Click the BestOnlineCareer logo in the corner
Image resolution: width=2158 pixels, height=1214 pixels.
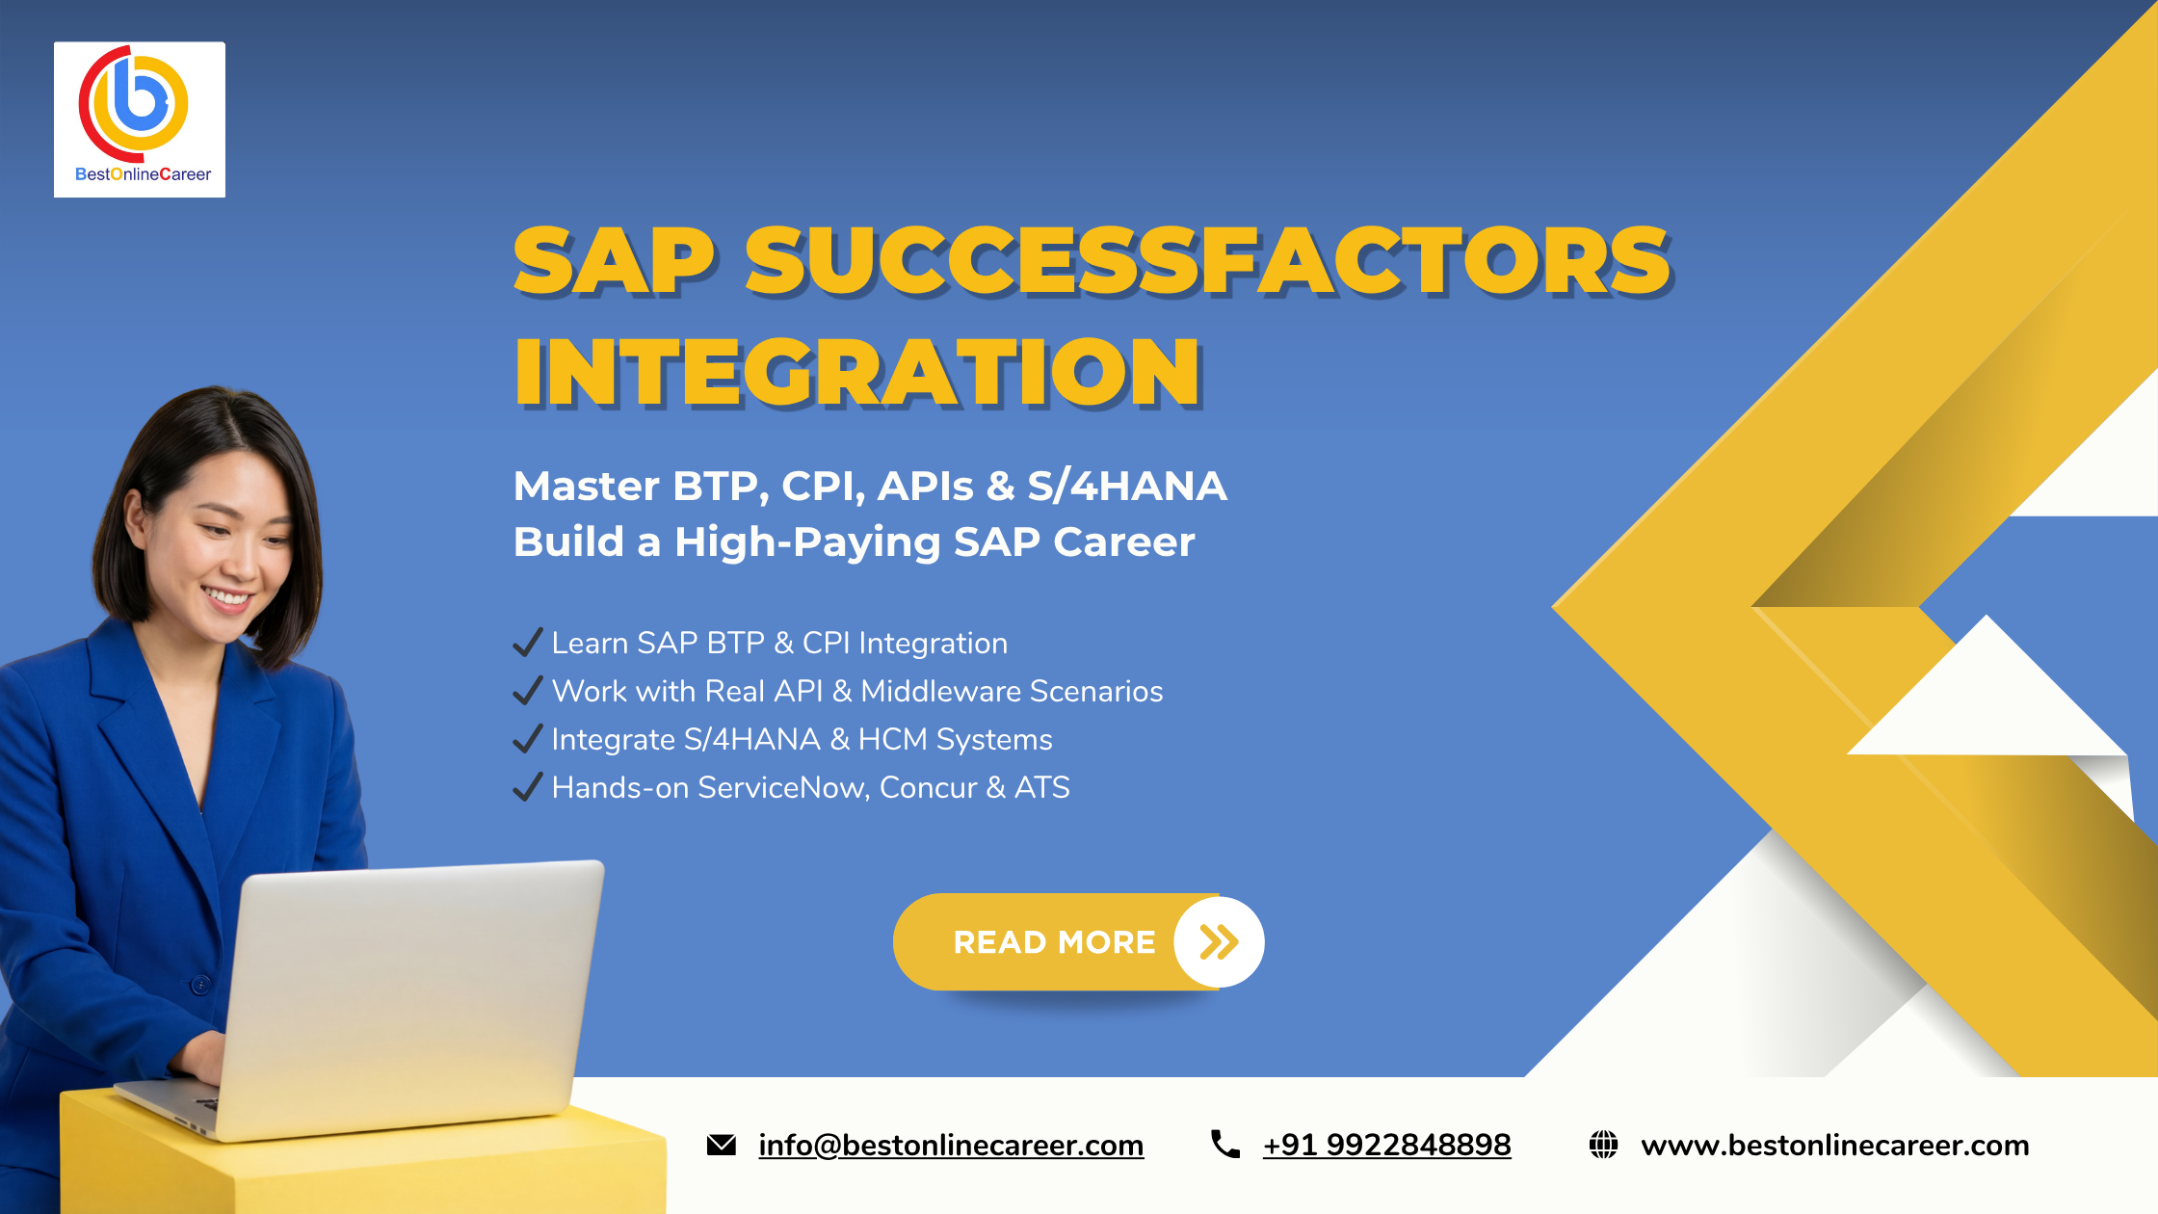point(140,119)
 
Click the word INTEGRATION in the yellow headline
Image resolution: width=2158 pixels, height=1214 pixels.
point(856,373)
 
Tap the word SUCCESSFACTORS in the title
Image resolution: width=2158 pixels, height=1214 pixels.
point(1207,261)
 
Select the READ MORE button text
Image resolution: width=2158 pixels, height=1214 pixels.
point(1054,942)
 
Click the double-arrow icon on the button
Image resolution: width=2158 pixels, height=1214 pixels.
point(1219,942)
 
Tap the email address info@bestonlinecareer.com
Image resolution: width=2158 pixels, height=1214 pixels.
point(951,1145)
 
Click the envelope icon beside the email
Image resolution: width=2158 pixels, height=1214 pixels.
point(722,1145)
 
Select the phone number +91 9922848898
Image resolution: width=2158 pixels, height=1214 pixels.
point(1386,1145)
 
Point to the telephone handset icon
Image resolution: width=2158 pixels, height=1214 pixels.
point(1224,1144)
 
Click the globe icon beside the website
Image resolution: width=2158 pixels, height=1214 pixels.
point(1603,1145)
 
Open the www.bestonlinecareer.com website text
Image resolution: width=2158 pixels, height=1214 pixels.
point(1834,1145)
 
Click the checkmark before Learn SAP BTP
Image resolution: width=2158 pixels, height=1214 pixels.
point(527,643)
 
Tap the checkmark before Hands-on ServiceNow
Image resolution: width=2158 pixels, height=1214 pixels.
point(527,787)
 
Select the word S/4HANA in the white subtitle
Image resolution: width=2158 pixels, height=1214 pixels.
point(1126,487)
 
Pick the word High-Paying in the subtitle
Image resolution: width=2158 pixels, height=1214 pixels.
point(807,542)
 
